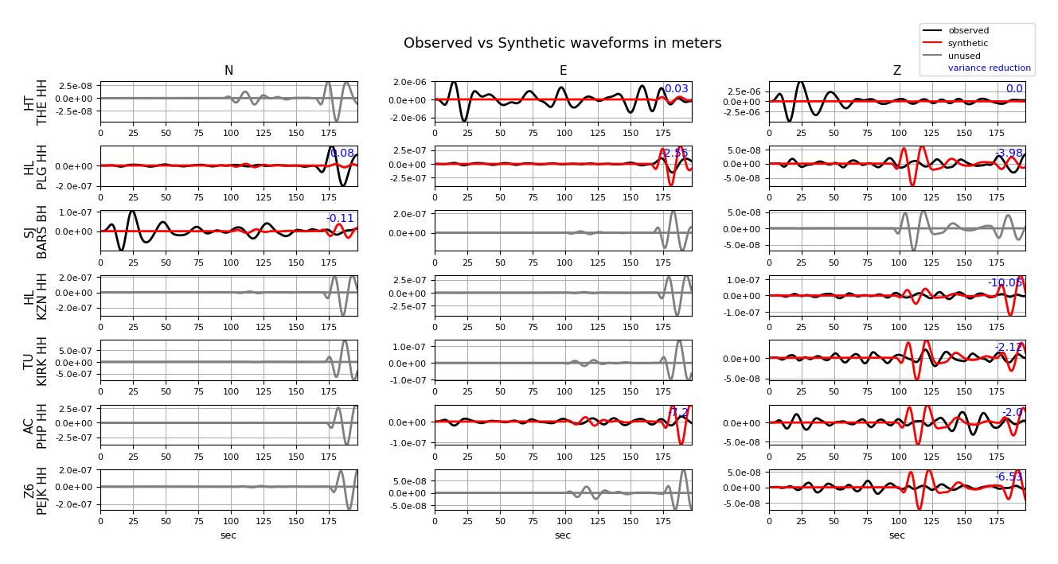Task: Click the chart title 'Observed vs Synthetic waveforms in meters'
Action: tap(562, 43)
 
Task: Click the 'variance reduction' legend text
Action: tap(989, 68)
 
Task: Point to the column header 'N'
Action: tap(228, 71)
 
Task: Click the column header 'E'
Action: tap(563, 71)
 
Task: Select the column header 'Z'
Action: tap(897, 71)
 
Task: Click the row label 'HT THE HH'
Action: tap(36, 102)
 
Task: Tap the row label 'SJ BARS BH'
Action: tap(36, 231)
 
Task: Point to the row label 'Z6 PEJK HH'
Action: tap(36, 490)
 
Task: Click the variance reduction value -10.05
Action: tap(1005, 282)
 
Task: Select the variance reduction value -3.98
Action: tap(1008, 154)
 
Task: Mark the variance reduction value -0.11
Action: tap(340, 218)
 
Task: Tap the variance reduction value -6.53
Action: tap(1009, 477)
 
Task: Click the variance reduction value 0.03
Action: tap(676, 89)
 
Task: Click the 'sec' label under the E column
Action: tap(563, 535)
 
